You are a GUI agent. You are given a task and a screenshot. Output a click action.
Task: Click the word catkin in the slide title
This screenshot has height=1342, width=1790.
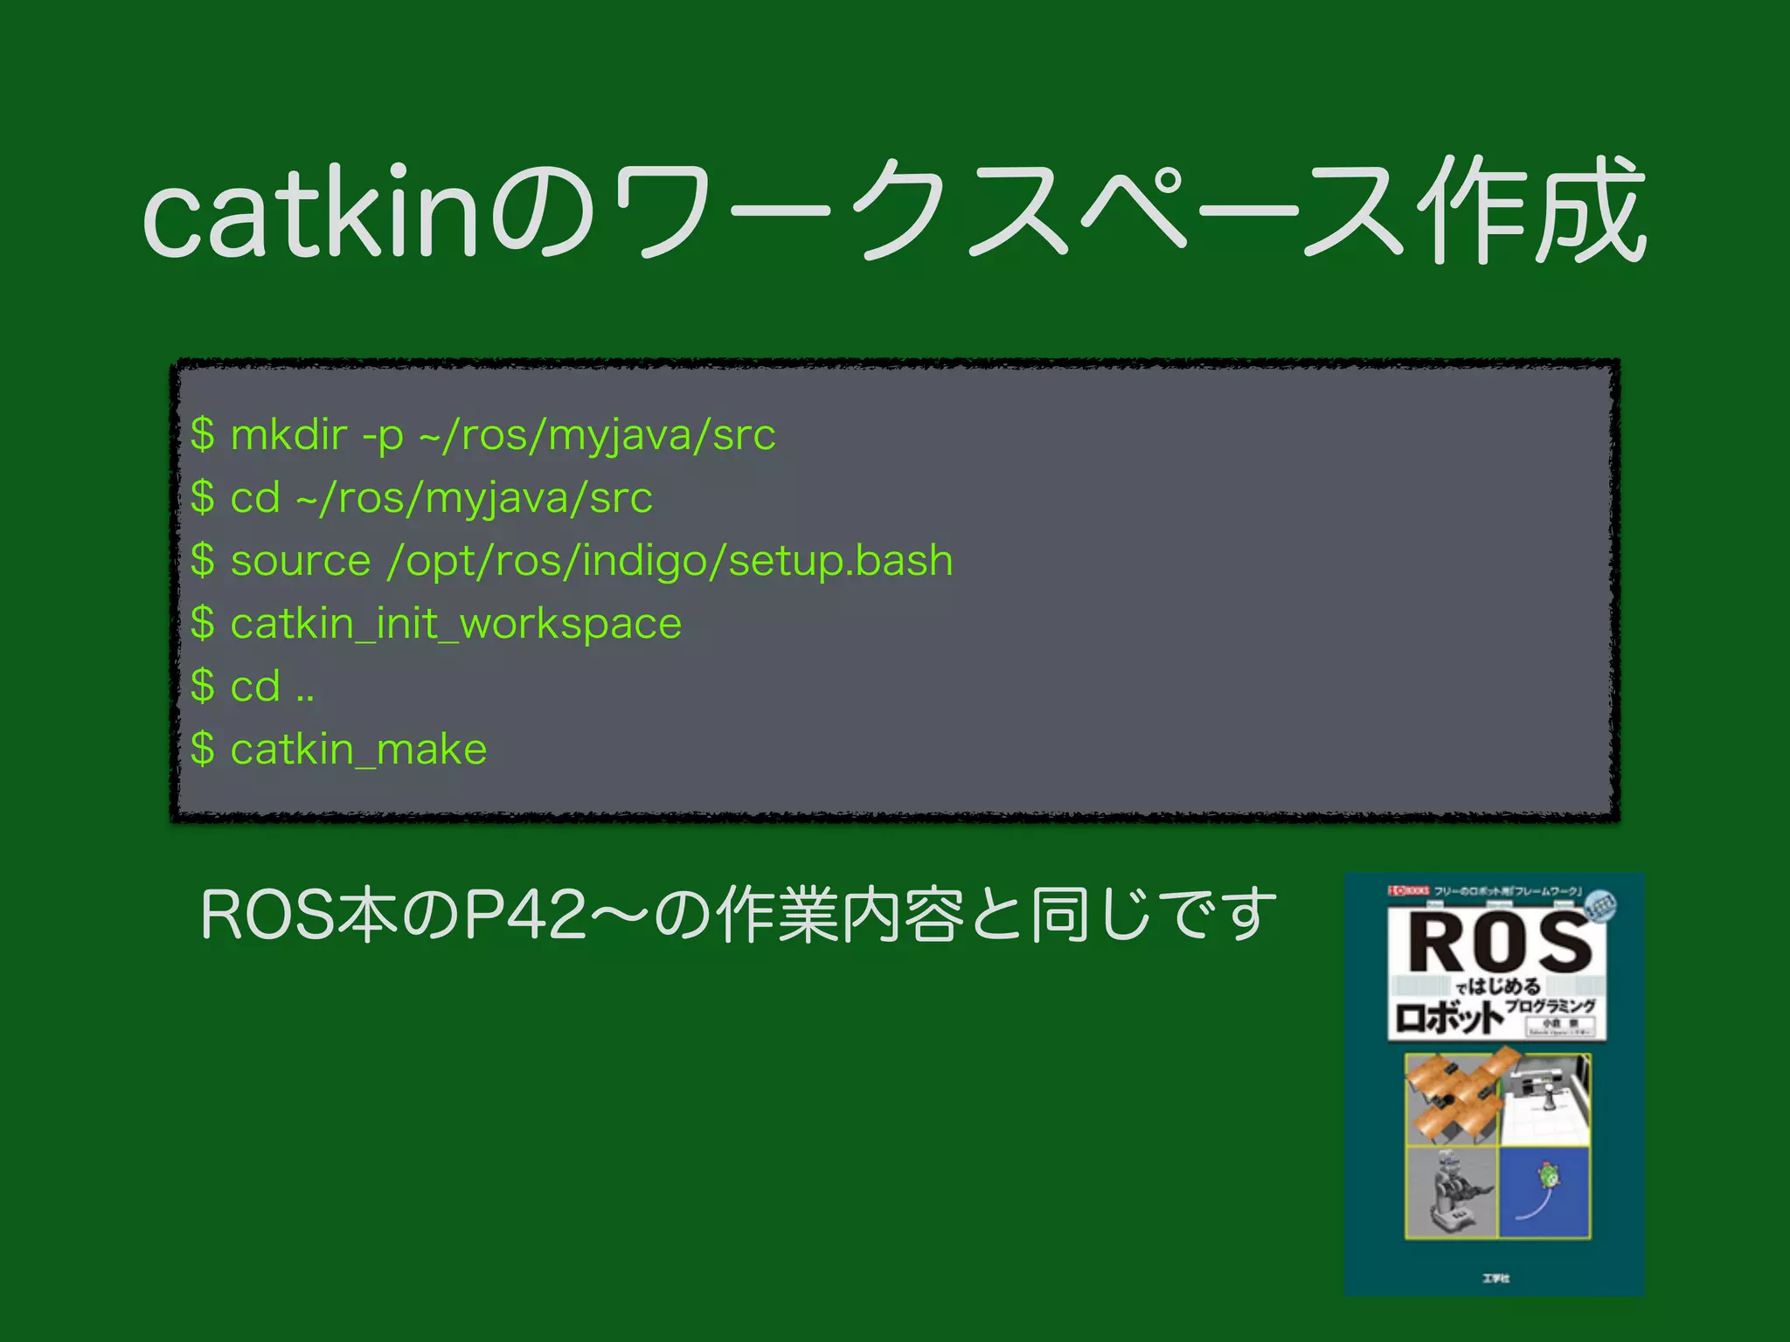tap(311, 212)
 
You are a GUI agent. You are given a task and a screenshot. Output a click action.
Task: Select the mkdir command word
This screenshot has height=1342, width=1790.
tap(288, 434)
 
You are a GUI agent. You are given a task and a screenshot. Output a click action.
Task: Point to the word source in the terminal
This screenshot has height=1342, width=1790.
tap(300, 560)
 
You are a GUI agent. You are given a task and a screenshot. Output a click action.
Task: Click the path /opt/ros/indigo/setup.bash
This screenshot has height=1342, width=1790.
tap(670, 561)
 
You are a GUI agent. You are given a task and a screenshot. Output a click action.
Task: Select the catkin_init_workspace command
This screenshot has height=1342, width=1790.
tap(455, 624)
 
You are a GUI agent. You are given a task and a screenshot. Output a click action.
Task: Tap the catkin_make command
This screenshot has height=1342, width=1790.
tap(358, 750)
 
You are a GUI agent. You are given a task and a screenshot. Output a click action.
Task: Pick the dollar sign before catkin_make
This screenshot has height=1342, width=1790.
tap(203, 749)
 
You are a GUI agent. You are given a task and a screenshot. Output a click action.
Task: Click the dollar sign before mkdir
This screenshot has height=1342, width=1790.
tap(203, 434)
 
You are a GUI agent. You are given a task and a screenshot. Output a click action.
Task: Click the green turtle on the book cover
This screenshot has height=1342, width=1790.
tap(1550, 1175)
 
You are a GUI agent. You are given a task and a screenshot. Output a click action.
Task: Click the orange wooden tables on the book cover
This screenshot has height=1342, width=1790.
tap(1452, 1096)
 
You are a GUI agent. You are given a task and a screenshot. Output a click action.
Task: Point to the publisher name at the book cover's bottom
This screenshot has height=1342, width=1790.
tap(1495, 1278)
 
